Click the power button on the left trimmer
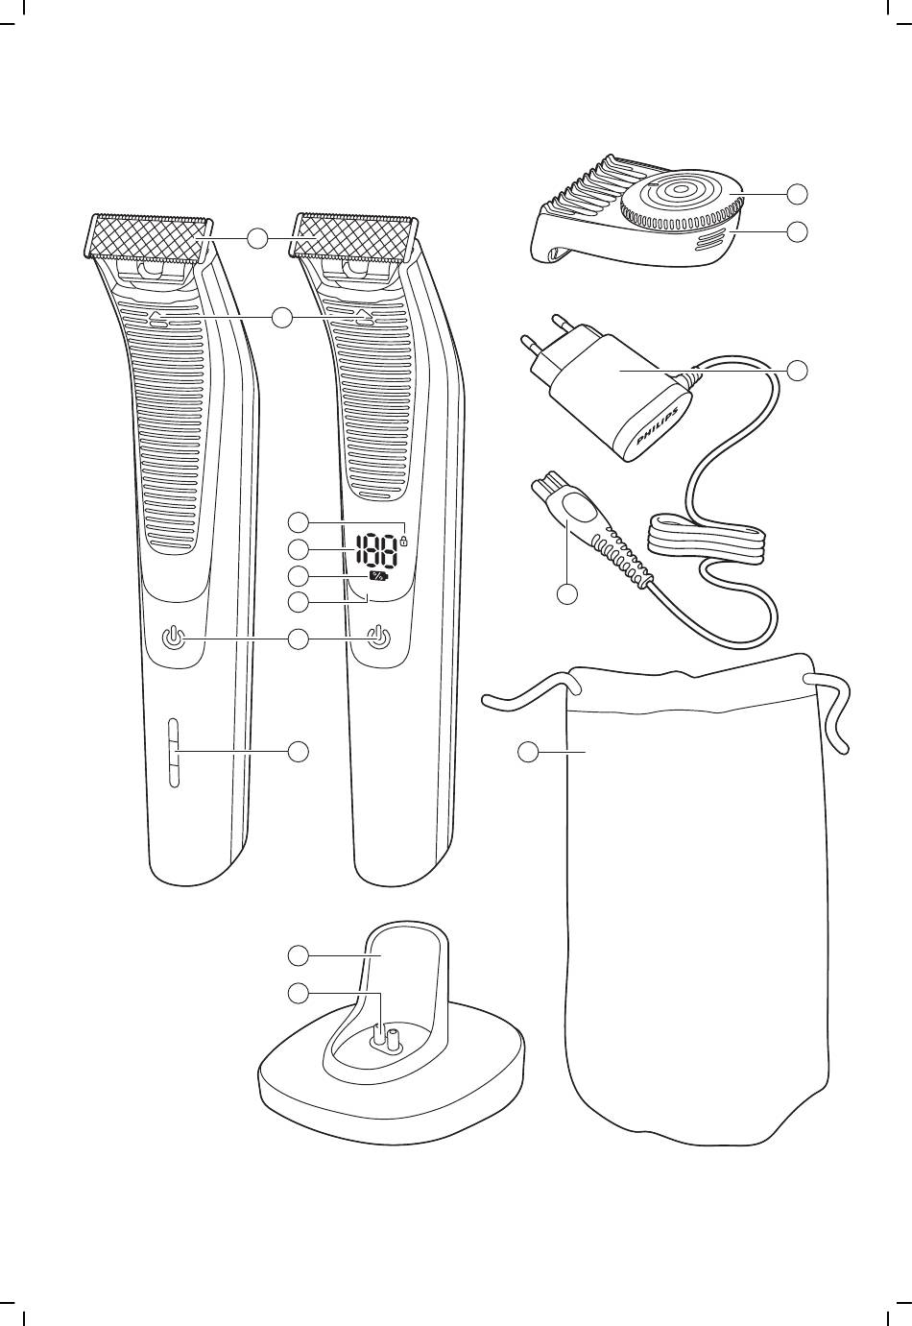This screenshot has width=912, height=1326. tap(172, 639)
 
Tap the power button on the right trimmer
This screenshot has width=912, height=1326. tap(379, 639)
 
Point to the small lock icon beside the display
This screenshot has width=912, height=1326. tap(404, 540)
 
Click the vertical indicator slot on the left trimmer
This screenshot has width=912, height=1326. tap(173, 753)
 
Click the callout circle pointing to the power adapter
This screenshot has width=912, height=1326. tap(798, 370)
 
